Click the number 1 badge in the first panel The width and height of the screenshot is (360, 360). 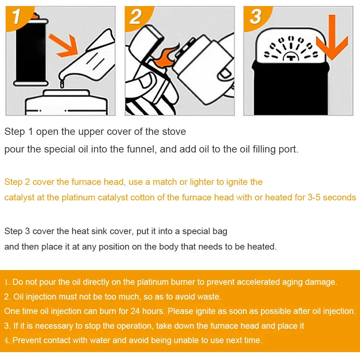pyautogui.click(x=17, y=17)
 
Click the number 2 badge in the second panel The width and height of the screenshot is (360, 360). pyautogui.click(x=135, y=17)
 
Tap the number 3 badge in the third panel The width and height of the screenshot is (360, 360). pyautogui.click(x=255, y=17)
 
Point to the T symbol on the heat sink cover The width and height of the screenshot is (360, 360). pyautogui.click(x=291, y=57)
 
